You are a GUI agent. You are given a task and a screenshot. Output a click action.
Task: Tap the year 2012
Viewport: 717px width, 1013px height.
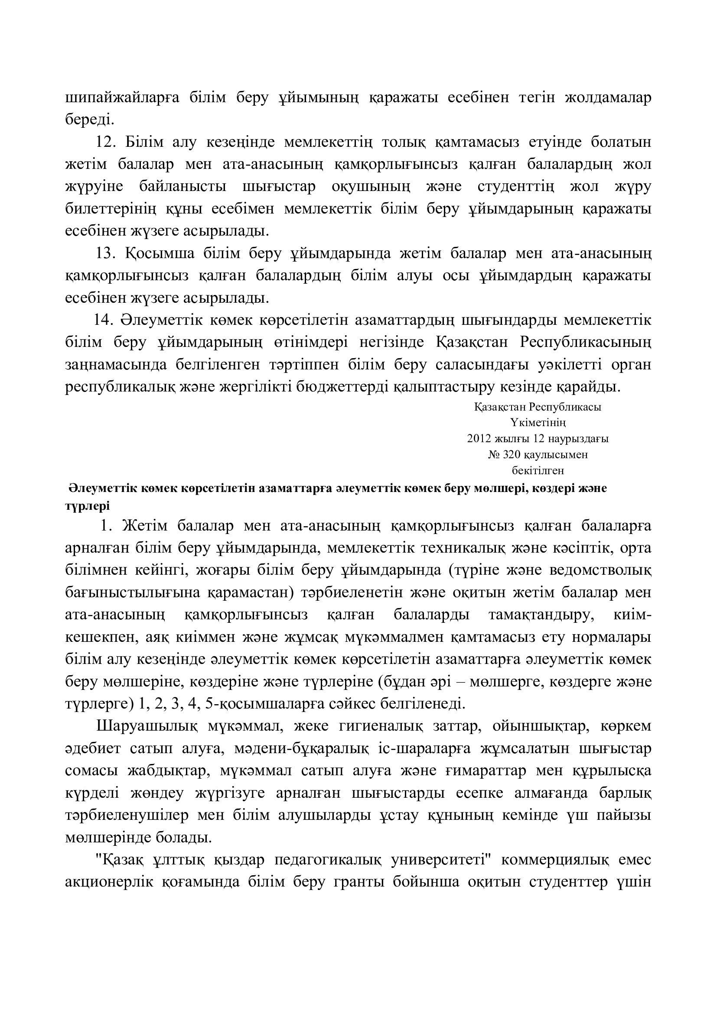(x=479, y=439)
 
